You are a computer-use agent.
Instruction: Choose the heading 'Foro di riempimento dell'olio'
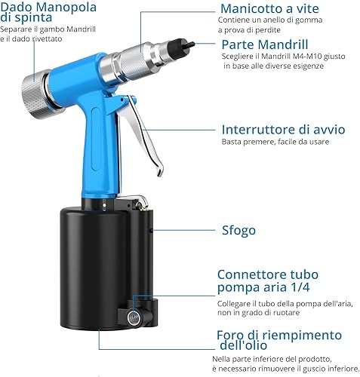click(x=279, y=341)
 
